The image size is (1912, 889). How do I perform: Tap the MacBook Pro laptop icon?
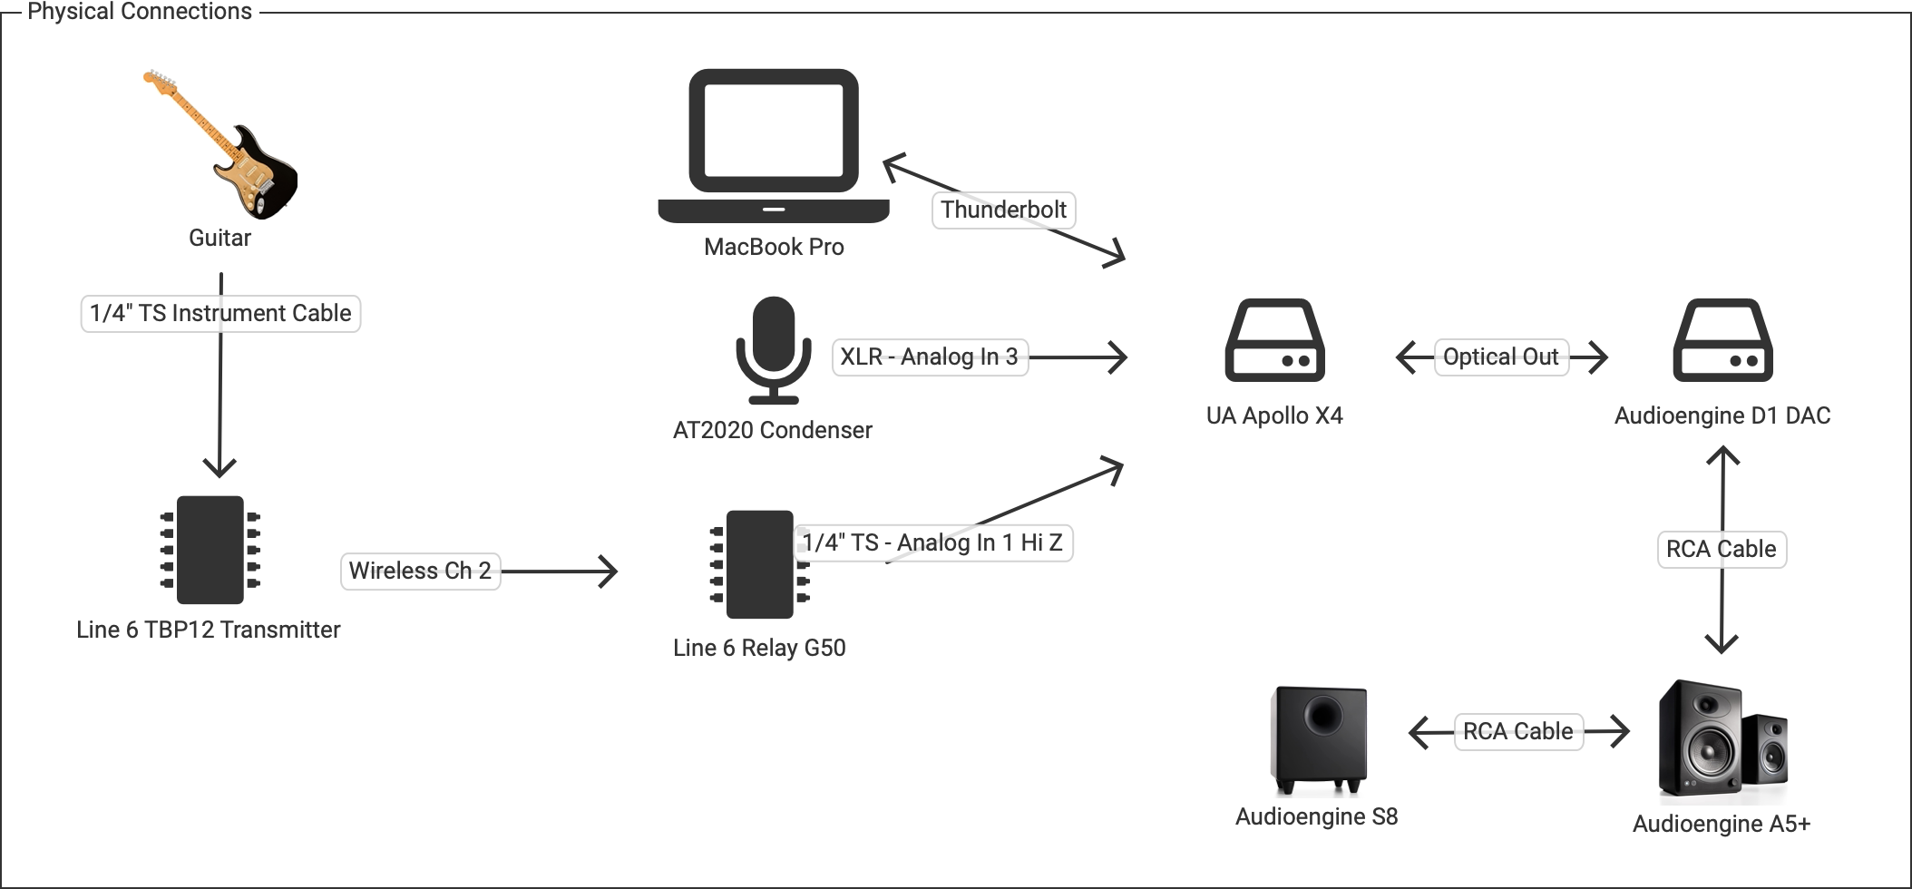774,145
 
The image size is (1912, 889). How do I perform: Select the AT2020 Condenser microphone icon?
774,349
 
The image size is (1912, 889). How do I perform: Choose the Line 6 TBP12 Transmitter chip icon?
210,550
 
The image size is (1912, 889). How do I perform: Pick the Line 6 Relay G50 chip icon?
760,564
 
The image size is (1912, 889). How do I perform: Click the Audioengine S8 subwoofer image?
1320,739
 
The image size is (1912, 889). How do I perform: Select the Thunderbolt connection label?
1003,210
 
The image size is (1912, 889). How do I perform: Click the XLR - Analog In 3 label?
930,357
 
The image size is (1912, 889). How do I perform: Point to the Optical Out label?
1501,357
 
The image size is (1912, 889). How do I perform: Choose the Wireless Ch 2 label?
420,571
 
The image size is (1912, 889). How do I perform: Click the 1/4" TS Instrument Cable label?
220,314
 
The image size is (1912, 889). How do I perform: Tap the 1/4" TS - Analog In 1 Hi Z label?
932,543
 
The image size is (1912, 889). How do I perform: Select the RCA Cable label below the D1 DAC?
1722,550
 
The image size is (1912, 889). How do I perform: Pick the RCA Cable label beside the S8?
1518,732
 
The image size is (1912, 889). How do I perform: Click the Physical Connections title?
140,12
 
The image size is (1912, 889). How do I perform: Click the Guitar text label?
219,239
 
